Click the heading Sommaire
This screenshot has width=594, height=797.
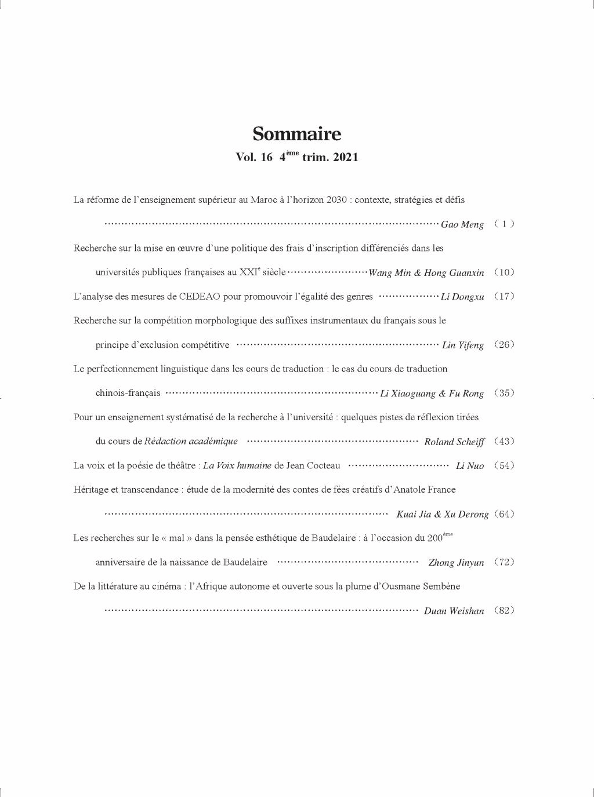pyautogui.click(x=296, y=134)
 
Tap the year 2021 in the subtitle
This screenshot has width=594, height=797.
pyautogui.click(x=346, y=158)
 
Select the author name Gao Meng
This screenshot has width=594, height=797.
pyautogui.click(x=462, y=225)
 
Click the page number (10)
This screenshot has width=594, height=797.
pyautogui.click(x=504, y=272)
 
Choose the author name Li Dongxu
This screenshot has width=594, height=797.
pyautogui.click(x=462, y=297)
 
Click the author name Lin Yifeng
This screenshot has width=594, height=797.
pyautogui.click(x=463, y=345)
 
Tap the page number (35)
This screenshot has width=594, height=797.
pyautogui.click(x=504, y=393)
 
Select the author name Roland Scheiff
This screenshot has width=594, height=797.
pyautogui.click(x=454, y=442)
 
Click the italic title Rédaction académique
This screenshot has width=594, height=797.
pyautogui.click(x=191, y=442)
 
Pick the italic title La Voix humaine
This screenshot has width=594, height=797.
pyautogui.click(x=237, y=466)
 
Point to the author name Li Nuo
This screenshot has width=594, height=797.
pyautogui.click(x=470, y=466)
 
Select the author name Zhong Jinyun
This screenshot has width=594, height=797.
pyautogui.click(x=456, y=563)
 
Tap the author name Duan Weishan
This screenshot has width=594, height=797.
pyautogui.click(x=454, y=611)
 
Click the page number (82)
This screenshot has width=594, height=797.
pyautogui.click(x=504, y=610)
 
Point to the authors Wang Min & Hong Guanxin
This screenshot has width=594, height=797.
pyautogui.click(x=426, y=273)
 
